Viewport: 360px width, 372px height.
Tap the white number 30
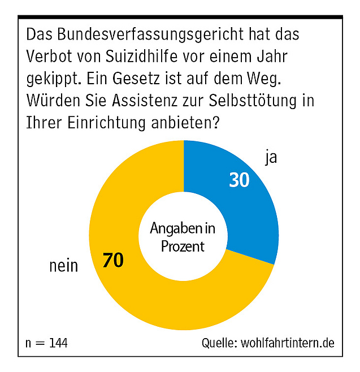pos(239,180)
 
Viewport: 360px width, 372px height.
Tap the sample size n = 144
pos(47,343)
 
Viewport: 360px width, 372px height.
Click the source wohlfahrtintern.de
pos(288,343)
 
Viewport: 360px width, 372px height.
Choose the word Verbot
pos(47,57)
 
